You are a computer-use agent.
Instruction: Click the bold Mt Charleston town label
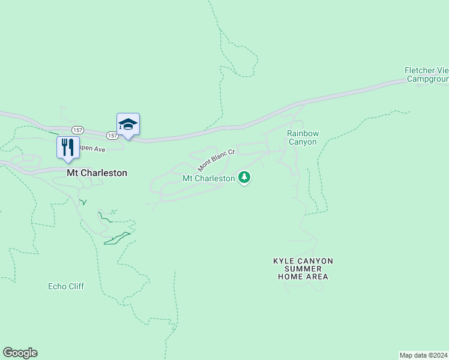coord(97,173)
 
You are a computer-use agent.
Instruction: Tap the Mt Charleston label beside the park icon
coord(208,178)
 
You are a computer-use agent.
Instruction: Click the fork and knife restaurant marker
coord(68,147)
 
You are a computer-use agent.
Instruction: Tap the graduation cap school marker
coord(128,124)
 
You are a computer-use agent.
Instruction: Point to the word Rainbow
coord(303,133)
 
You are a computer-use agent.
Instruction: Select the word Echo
coord(57,286)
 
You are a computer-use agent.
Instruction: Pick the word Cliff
coord(76,286)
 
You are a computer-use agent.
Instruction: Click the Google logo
coord(20,353)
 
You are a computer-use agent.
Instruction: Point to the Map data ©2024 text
coord(424,355)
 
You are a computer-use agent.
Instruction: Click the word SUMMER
coord(303,269)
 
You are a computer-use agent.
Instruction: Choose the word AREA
coord(318,277)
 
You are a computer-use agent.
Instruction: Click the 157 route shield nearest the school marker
coord(112,136)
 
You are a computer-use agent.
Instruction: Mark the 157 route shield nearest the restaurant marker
coord(77,130)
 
